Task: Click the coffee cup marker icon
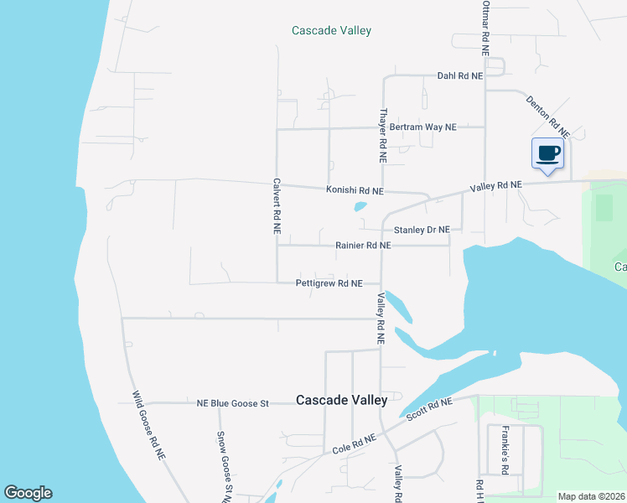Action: point(548,153)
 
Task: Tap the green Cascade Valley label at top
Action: point(331,30)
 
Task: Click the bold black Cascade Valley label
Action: point(342,401)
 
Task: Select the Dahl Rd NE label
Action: point(460,75)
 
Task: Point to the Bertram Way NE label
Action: point(423,127)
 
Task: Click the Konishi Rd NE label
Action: point(355,191)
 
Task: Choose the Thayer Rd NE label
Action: point(382,134)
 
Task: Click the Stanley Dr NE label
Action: point(422,230)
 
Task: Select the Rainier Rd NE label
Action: point(363,246)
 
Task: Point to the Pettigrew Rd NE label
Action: point(329,283)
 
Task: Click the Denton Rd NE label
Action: point(548,117)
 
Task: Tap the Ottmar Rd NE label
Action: point(485,27)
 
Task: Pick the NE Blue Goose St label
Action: point(232,403)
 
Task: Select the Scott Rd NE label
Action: point(428,408)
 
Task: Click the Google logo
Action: point(28,493)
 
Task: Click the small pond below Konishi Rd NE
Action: point(360,205)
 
